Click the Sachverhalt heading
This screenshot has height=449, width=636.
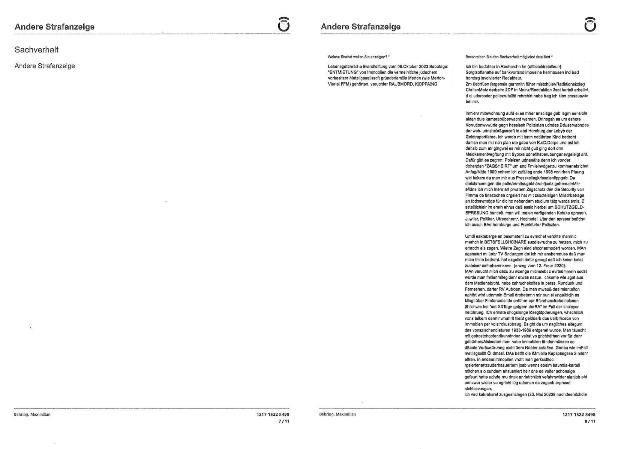coord(36,49)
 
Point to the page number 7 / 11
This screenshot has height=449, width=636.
coord(283,421)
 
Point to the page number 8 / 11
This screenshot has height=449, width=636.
coord(589,421)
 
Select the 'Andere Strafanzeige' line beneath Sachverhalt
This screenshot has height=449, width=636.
coord(45,66)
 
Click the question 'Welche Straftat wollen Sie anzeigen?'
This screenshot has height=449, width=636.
coord(358,57)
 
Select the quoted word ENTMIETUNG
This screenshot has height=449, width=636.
coord(343,72)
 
